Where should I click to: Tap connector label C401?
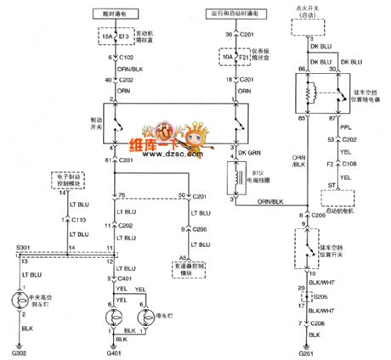pos(127,278)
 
